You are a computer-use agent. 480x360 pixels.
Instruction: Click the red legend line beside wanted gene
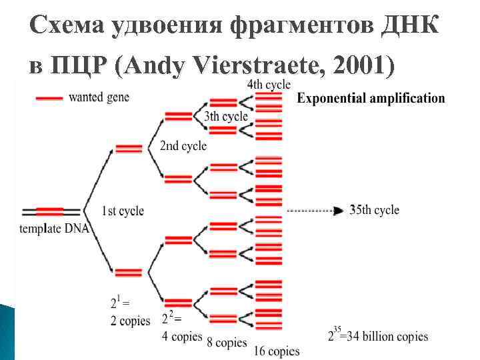(49, 97)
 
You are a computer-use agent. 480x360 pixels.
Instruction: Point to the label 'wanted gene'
(99, 97)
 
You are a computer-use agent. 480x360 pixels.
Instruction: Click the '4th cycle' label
(269, 84)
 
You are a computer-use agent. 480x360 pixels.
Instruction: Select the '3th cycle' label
(226, 116)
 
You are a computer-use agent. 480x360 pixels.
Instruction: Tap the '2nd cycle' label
(183, 145)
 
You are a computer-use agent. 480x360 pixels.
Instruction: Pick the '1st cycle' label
(123, 211)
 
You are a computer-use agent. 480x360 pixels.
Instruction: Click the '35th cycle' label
(375, 209)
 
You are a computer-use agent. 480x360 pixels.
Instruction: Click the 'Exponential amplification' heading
(371, 99)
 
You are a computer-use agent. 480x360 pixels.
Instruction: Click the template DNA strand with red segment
(51, 211)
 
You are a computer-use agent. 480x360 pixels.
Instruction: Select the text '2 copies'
(131, 321)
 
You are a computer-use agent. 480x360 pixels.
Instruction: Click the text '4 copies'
(182, 336)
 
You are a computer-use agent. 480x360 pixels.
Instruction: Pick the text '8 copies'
(227, 343)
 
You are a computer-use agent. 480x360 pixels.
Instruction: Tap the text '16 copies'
(277, 351)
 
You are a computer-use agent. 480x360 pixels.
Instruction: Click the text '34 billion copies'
(386, 336)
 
